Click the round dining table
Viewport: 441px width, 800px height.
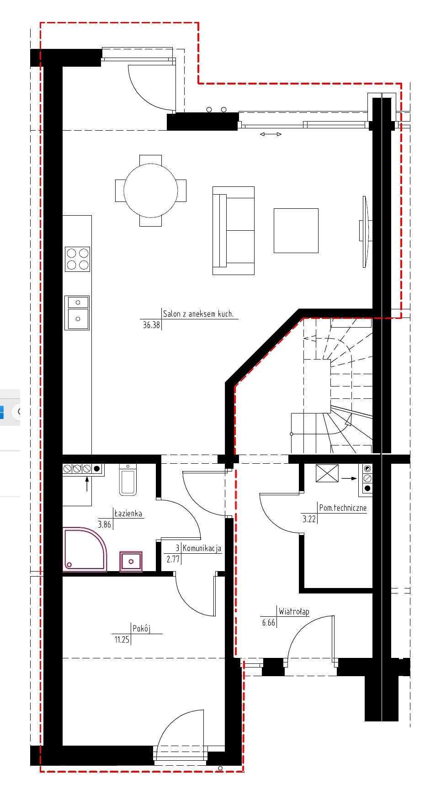click(150, 191)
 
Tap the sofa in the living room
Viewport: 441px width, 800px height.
click(233, 230)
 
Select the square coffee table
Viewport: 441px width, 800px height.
click(296, 230)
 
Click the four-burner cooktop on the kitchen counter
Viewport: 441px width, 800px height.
click(77, 259)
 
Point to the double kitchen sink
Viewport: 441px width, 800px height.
click(77, 313)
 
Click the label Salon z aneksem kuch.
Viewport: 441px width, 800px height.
click(198, 314)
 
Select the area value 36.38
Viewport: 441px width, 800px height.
click(151, 325)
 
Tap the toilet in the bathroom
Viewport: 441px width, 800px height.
click(128, 480)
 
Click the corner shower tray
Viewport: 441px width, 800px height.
click(85, 549)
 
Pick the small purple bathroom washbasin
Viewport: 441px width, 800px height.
click(131, 562)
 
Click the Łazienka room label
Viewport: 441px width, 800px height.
click(128, 513)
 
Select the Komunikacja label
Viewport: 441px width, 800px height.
click(202, 548)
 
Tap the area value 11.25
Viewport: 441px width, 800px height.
click(122, 640)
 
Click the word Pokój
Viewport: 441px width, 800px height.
click(142, 628)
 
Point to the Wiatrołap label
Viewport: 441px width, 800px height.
click(294, 611)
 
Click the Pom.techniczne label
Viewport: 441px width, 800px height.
click(343, 508)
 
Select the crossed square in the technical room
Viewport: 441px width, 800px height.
click(327, 473)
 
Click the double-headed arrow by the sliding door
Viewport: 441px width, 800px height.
click(271, 134)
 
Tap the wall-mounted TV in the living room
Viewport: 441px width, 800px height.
click(365, 232)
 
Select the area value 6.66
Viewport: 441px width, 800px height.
click(269, 623)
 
